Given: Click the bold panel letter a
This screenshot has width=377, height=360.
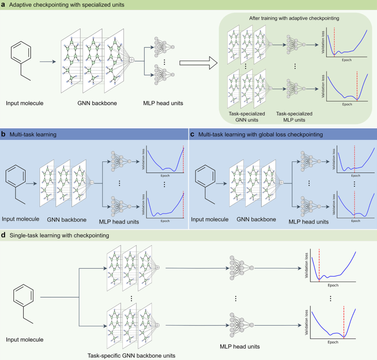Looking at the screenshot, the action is [3, 5].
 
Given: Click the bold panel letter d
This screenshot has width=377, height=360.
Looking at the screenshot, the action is [3, 235].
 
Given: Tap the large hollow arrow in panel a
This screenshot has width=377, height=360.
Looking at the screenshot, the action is [199, 63].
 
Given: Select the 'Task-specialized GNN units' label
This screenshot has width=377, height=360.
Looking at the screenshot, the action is [247, 117].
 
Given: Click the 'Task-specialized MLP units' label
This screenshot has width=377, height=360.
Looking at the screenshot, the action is [294, 117].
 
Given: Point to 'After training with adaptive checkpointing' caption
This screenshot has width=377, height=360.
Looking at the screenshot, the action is [294, 18].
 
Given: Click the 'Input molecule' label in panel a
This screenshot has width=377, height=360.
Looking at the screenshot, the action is [24, 103].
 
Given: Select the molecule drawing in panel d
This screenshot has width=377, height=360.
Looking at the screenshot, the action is [23, 304].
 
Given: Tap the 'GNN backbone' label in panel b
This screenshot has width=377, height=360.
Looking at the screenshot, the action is [67, 220].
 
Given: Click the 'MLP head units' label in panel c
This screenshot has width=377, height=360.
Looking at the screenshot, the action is [309, 222].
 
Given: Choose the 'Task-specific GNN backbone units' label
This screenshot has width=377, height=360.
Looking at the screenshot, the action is [131, 356].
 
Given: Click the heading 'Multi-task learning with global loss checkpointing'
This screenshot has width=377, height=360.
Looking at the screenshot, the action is [260, 134].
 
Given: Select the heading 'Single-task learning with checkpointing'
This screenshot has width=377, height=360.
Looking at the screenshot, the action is [59, 235].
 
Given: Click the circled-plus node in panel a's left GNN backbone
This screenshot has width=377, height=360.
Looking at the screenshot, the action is [132, 60].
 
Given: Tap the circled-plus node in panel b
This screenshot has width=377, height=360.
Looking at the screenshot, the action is [92, 182].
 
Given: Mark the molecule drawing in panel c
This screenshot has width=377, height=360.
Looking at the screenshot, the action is [205, 184].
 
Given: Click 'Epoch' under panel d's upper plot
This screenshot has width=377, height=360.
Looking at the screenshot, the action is [333, 285].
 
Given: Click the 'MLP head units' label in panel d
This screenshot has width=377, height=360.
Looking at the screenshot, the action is [240, 346].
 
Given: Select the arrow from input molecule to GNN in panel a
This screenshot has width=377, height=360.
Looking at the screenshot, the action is [48, 62].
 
